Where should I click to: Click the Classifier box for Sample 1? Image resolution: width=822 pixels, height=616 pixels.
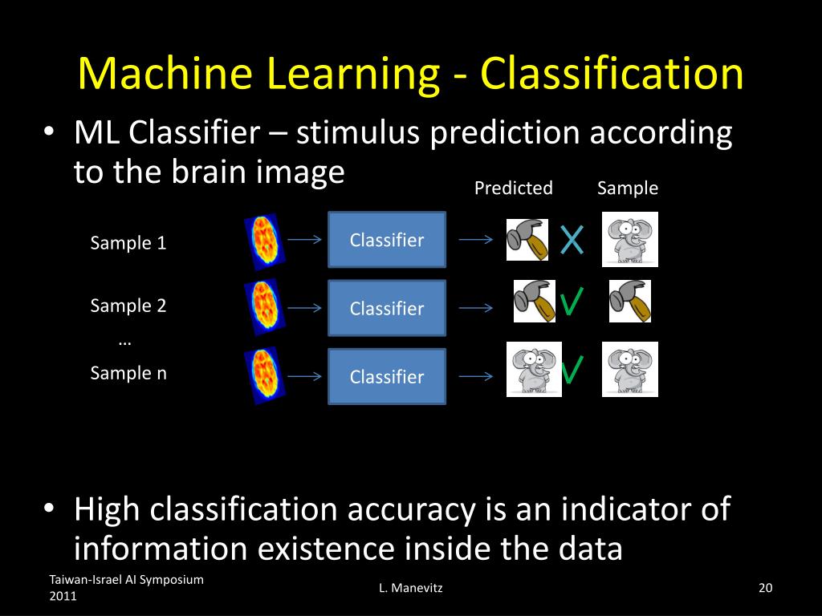387,239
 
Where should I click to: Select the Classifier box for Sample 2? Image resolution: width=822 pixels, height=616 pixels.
387,308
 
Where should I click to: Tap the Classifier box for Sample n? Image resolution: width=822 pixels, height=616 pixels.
387,376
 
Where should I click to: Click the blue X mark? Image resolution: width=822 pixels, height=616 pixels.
572,240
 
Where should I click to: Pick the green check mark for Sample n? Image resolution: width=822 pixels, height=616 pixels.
572,371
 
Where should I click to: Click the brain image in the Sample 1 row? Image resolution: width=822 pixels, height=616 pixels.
264,239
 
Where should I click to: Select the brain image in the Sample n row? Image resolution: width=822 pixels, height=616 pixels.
264,375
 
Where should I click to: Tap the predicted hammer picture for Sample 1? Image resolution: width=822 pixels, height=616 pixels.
527,239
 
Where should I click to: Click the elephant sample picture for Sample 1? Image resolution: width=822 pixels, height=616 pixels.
630,239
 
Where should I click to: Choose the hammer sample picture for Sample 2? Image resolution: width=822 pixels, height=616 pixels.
630,301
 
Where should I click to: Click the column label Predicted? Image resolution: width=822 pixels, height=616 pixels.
514,188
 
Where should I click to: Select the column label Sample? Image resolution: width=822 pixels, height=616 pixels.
628,188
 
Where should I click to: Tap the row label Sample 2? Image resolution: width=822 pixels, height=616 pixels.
128,306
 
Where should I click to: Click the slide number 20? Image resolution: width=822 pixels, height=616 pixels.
765,589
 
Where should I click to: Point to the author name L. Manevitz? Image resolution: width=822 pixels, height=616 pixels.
411,589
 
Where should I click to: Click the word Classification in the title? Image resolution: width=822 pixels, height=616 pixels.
612,74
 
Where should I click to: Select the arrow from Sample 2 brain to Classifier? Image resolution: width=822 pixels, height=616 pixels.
305,308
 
